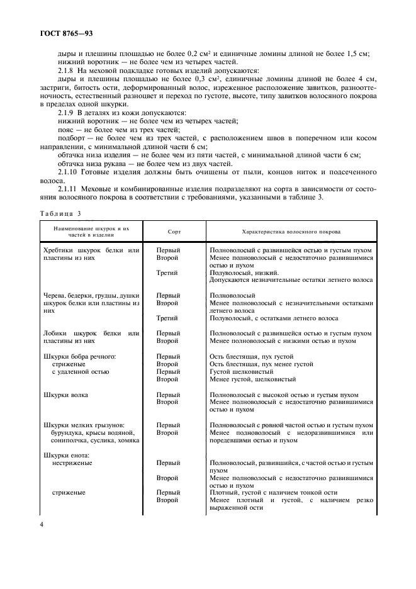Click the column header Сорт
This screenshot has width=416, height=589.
(x=174, y=232)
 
